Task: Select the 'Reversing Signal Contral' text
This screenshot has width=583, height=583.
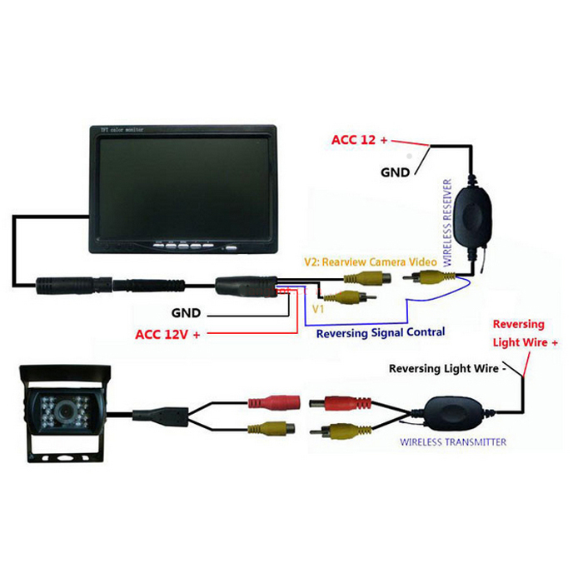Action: coord(381,331)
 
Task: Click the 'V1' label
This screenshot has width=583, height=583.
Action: coord(317,308)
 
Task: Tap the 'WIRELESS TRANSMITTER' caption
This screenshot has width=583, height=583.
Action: coord(453,441)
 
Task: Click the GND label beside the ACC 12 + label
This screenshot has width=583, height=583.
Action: coord(395,172)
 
